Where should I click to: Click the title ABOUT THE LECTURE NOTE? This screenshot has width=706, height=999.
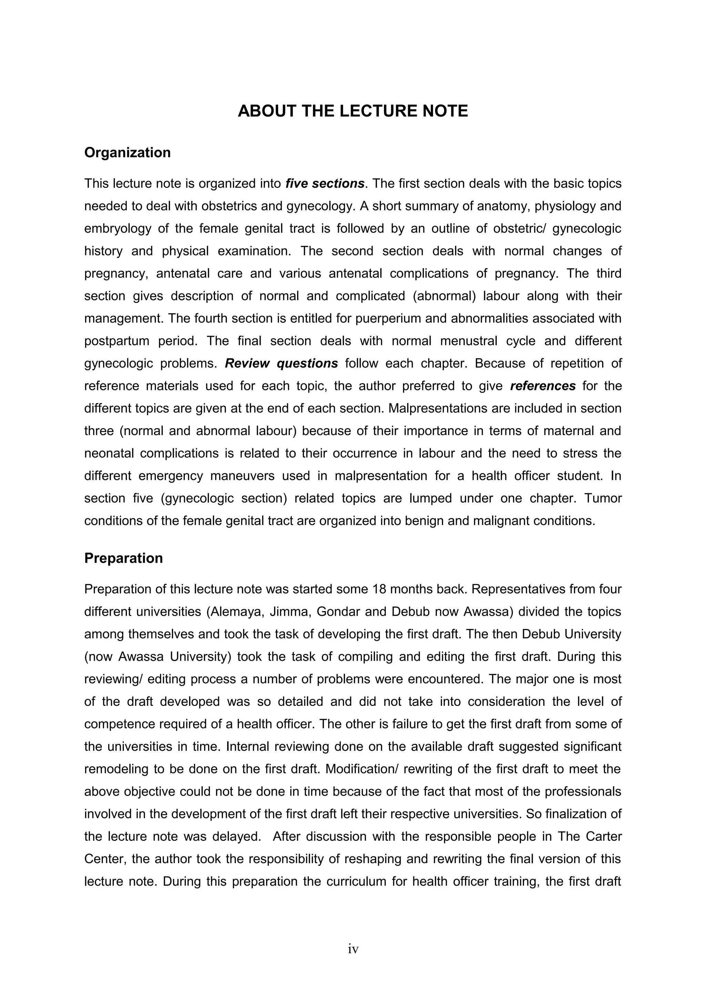tap(352, 111)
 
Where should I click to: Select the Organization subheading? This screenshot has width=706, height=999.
tap(128, 153)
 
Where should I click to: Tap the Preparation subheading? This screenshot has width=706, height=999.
tap(123, 558)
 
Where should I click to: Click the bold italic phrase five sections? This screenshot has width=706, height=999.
tap(324, 184)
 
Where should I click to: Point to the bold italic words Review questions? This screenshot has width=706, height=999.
tap(281, 364)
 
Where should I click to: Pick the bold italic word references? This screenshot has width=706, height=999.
tap(543, 386)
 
